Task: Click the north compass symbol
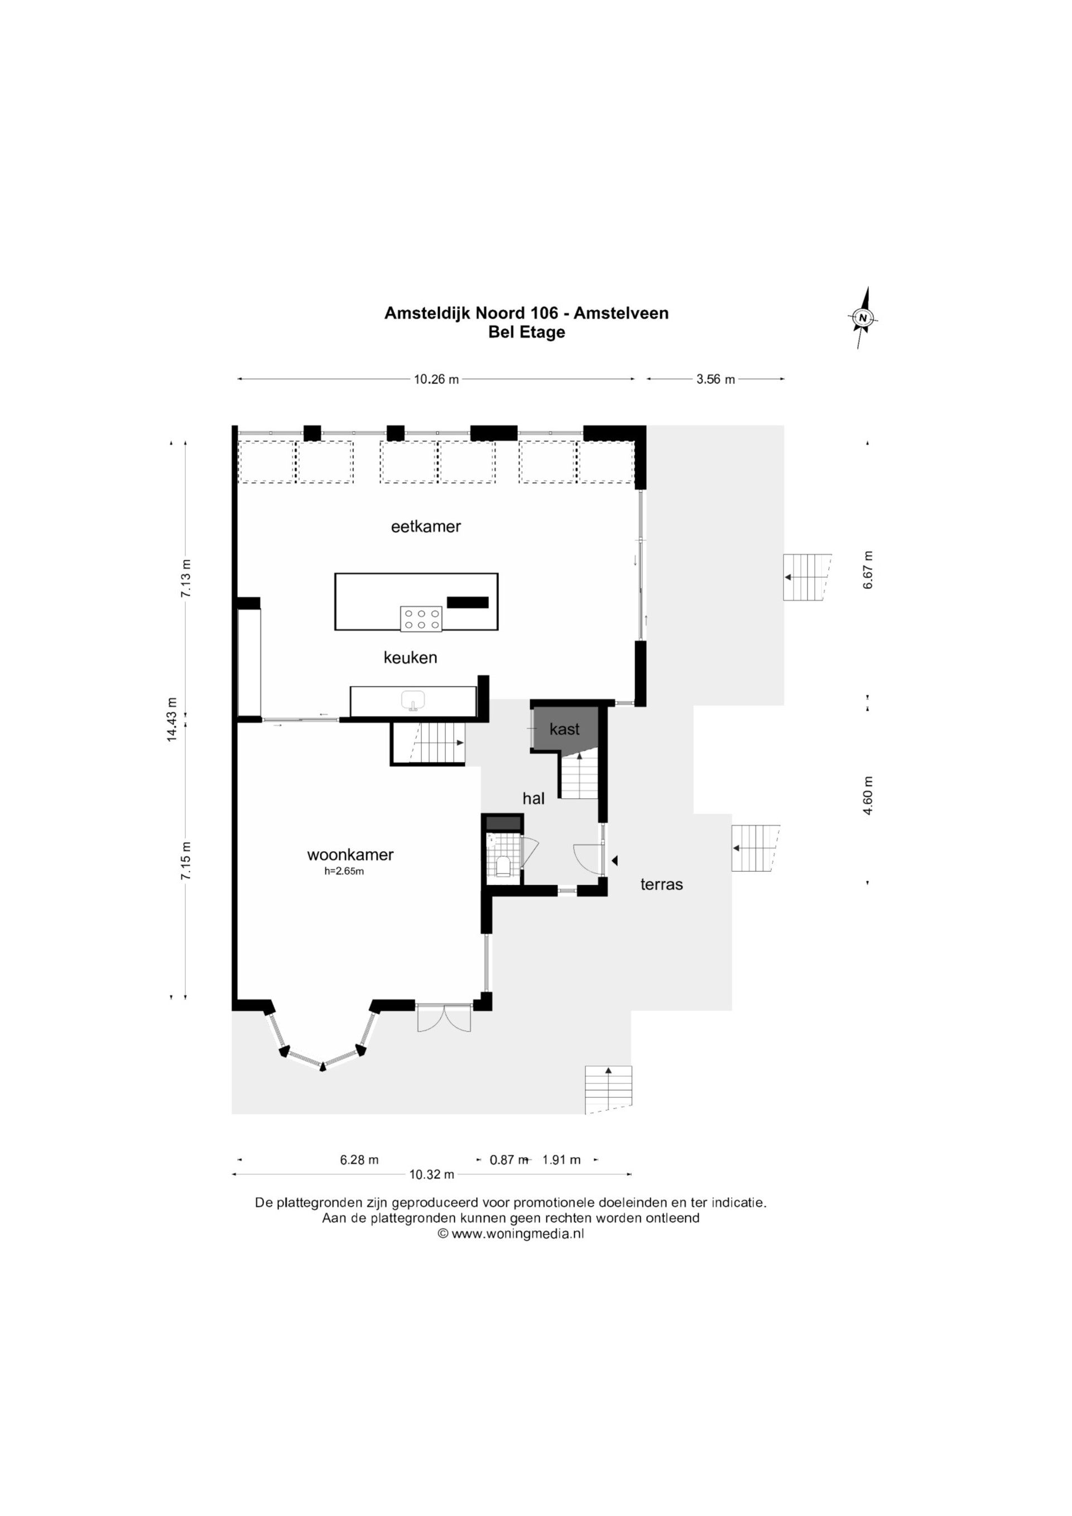click(862, 318)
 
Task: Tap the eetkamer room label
click(426, 527)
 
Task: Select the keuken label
click(410, 658)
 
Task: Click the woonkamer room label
click(350, 855)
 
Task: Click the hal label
click(533, 798)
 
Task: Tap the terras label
click(661, 884)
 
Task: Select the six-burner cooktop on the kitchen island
click(421, 618)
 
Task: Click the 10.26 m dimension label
click(436, 380)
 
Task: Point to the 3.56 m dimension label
click(715, 380)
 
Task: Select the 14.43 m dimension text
click(172, 719)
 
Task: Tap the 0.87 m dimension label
click(509, 1159)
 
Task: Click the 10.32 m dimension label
click(432, 1174)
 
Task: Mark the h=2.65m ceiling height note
click(344, 871)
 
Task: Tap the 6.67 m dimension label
click(868, 570)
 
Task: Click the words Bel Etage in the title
click(526, 332)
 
